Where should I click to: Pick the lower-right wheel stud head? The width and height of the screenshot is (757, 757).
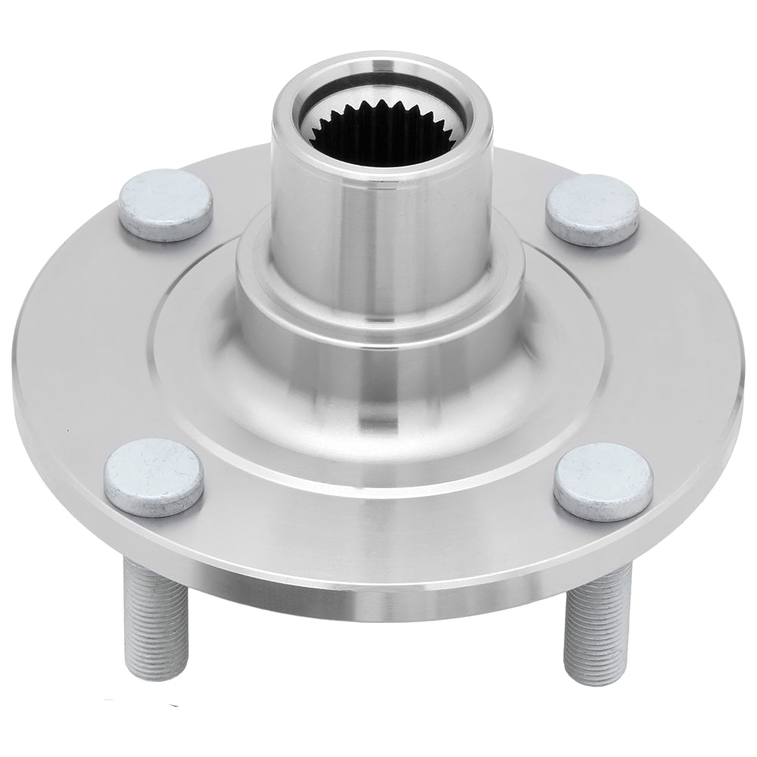[603, 482]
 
